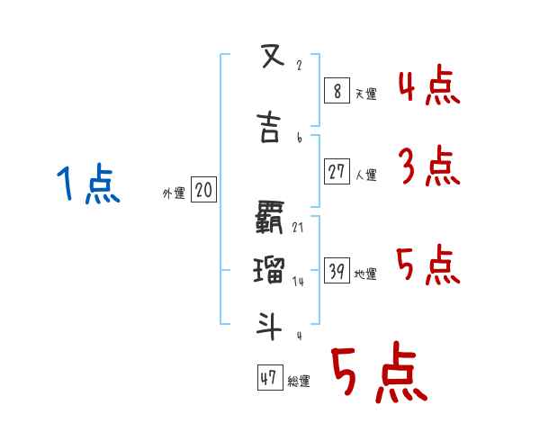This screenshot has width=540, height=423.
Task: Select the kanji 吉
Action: pos(268,129)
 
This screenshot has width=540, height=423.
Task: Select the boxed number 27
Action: pos(337,171)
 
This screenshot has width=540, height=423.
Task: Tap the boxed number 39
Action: pos(337,270)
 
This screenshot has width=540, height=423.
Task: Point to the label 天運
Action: pos(366,92)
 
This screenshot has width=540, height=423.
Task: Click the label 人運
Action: pos(366,175)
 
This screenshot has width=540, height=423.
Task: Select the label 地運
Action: pos(366,274)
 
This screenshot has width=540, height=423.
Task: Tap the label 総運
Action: pos(299,382)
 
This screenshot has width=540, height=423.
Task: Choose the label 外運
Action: pos(174,193)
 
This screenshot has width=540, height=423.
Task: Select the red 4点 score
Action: pos(428,86)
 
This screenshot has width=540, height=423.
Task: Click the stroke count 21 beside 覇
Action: pos(298,228)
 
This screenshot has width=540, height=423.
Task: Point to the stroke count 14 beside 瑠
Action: pos(298,281)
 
